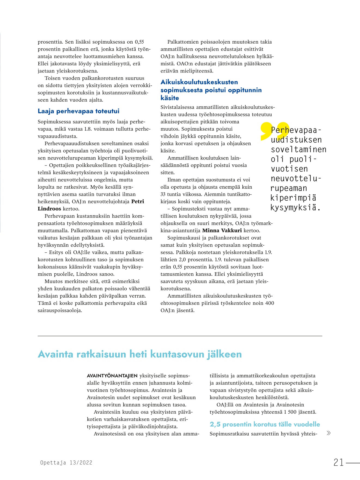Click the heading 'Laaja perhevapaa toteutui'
pyautogui.click(x=78, y=111)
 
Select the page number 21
pyautogui.click(x=338, y=462)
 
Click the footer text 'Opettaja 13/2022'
pyautogui.click(x=66, y=463)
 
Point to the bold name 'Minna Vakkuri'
pyautogui.click(x=222, y=231)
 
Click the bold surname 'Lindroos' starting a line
pyautogui.click(x=49, y=209)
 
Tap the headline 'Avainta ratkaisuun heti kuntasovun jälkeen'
pyautogui.click(x=140, y=354)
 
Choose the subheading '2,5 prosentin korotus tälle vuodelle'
pyautogui.click(x=265, y=424)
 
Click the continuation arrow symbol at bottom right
pyautogui.click(x=329, y=433)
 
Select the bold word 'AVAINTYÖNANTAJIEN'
pyautogui.click(x=112, y=376)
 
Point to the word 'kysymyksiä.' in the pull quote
pyautogui.click(x=295, y=208)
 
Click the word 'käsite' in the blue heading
pyautogui.click(x=170, y=98)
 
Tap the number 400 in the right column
pyautogui.click(x=270, y=303)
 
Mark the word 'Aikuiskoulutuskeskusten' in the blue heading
pyautogui.click(x=199, y=82)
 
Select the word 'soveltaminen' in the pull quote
pyautogui.click(x=298, y=149)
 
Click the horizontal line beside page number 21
pyautogui.click(x=353, y=463)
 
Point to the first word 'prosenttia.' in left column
pyautogui.click(x=50, y=42)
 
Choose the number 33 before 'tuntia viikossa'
pyautogui.click(x=163, y=194)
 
